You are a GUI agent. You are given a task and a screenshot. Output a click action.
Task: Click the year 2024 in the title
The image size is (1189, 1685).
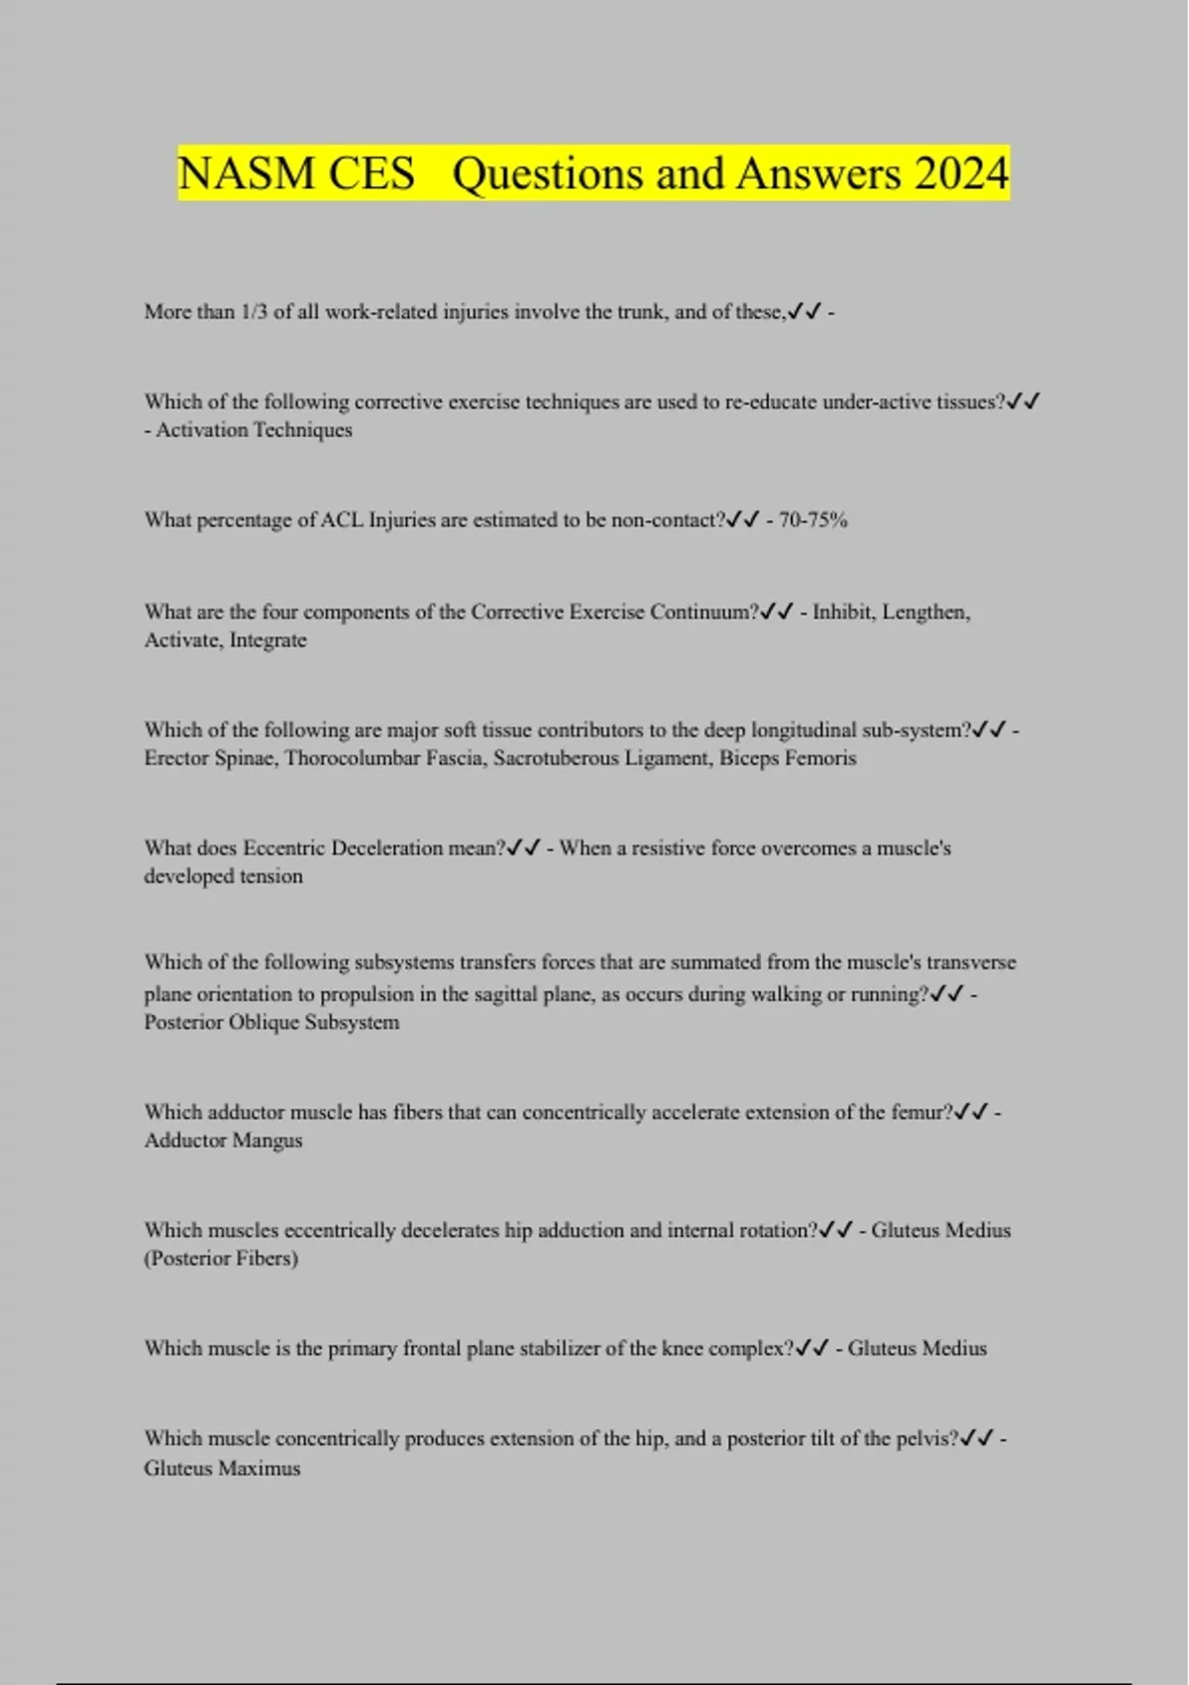pos(961,174)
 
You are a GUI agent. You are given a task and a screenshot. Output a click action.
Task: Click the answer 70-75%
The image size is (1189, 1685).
pos(812,520)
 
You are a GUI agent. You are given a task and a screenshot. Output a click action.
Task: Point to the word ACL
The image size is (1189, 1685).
pos(342,520)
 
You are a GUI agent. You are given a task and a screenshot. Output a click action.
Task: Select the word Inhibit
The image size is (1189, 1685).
pos(841,613)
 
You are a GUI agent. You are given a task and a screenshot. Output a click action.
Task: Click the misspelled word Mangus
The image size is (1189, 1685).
pos(267,1141)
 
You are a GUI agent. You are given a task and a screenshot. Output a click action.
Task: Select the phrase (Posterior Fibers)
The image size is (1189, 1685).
pos(221,1259)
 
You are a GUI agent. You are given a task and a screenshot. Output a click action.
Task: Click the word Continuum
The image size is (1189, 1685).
pos(705,613)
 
